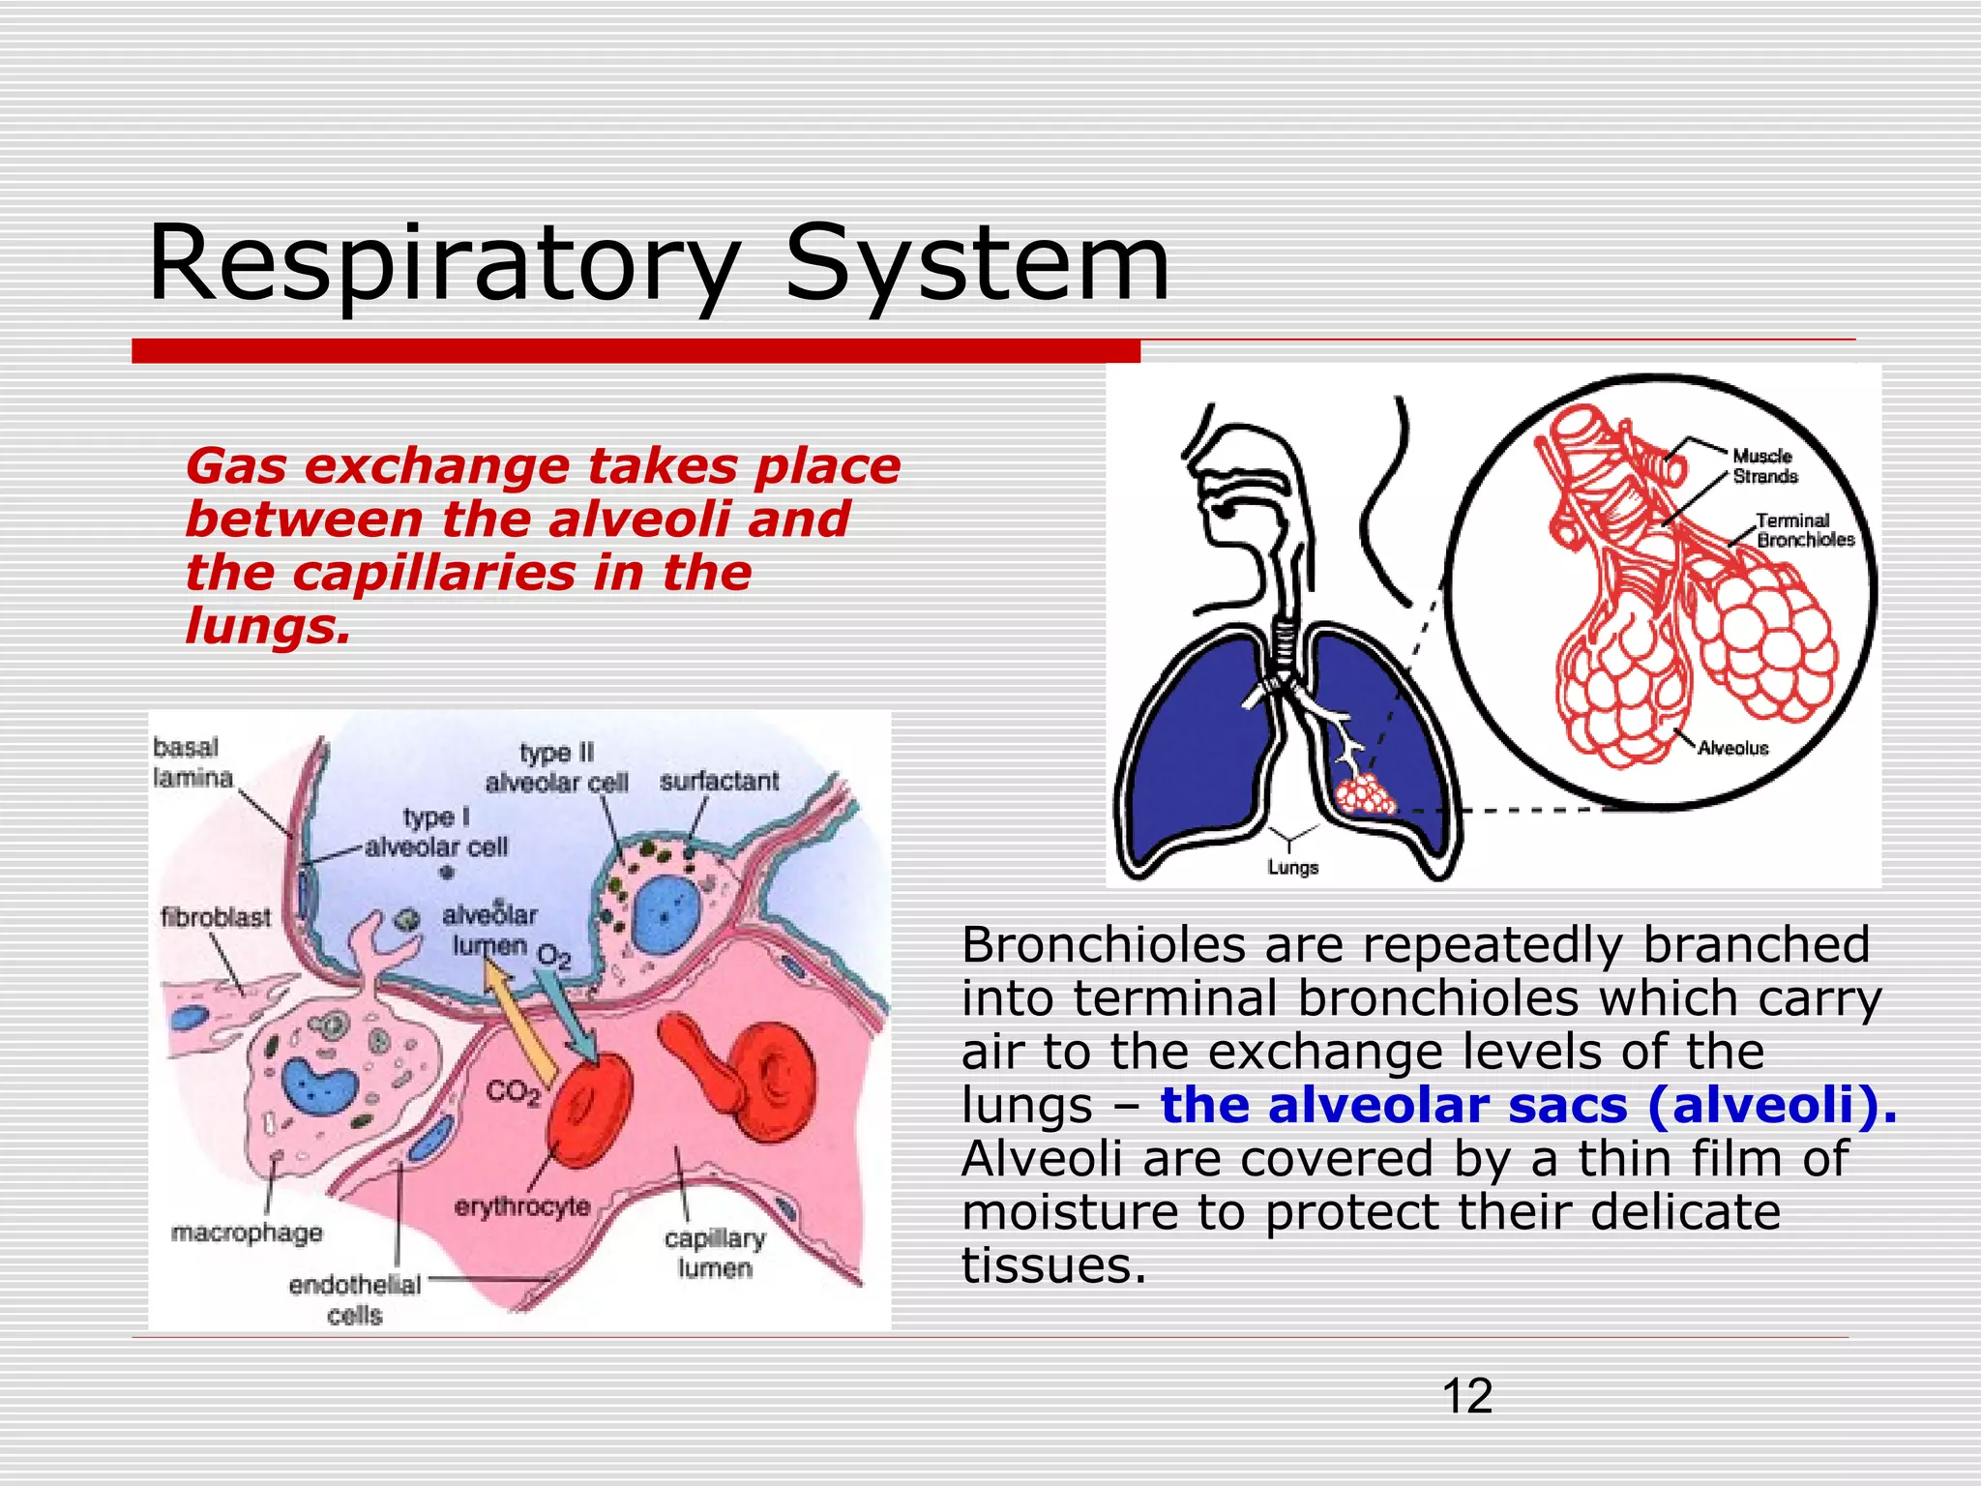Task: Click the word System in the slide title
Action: (x=977, y=263)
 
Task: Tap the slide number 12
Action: (x=1466, y=1397)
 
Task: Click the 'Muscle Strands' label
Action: (x=1764, y=466)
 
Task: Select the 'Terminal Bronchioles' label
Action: (x=1805, y=530)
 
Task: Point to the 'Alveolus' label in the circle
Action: (x=1732, y=748)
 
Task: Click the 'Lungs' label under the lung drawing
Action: (x=1293, y=868)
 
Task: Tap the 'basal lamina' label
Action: (x=192, y=762)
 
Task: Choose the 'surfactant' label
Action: (x=719, y=782)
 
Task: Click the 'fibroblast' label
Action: (x=216, y=917)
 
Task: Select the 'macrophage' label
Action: (x=247, y=1233)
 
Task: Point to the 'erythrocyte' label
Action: (x=522, y=1206)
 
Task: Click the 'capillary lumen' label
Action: (x=715, y=1253)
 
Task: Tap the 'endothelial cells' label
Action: (x=355, y=1299)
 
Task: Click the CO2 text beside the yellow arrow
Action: (x=513, y=1092)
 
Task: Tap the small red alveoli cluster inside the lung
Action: (x=1365, y=796)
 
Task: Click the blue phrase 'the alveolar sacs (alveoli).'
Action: (x=1528, y=1106)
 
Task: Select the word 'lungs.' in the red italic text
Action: (x=267, y=626)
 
